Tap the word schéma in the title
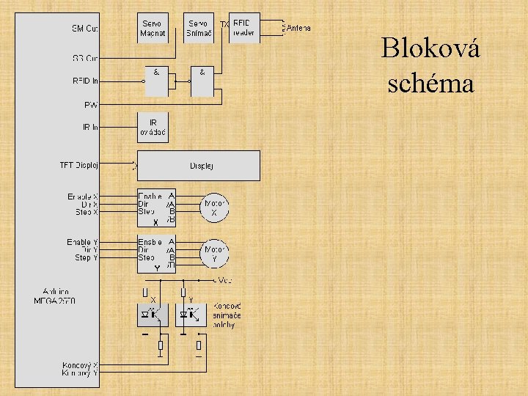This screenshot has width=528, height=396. click(x=430, y=83)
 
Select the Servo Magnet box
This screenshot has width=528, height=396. click(x=153, y=29)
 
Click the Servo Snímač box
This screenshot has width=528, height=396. click(x=198, y=29)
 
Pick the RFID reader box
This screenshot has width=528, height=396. click(x=244, y=28)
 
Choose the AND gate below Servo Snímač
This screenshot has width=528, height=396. click(x=202, y=81)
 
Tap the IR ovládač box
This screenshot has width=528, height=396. click(x=153, y=128)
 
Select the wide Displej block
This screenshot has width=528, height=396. click(x=199, y=166)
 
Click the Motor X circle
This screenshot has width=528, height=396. click(x=214, y=208)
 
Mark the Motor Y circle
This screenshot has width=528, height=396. click(x=214, y=254)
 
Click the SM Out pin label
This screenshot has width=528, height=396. click(x=85, y=29)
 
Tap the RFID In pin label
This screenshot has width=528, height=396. click(x=85, y=81)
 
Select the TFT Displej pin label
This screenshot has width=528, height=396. click(x=79, y=165)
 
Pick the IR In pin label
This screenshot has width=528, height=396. click(x=90, y=128)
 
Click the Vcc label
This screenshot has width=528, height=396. click(x=224, y=280)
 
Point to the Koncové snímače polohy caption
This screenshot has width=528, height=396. click(x=227, y=315)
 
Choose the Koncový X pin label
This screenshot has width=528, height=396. click(x=80, y=364)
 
